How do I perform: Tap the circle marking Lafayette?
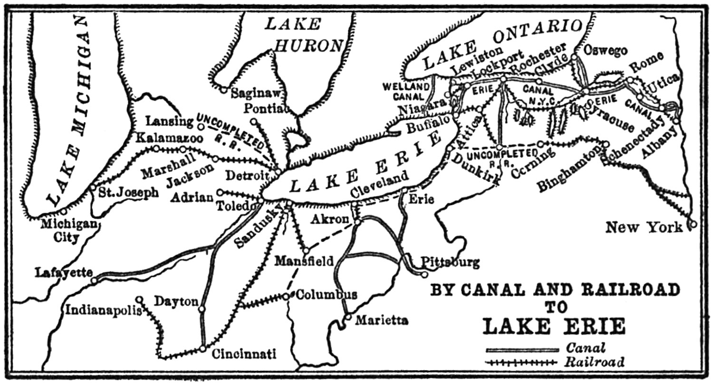click(x=94, y=281)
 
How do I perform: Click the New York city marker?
click(x=693, y=223)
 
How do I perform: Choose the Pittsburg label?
click(x=450, y=262)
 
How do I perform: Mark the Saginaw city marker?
click(x=223, y=89)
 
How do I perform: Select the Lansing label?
click(x=171, y=122)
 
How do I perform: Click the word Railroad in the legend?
click(x=595, y=363)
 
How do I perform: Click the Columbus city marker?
click(x=286, y=296)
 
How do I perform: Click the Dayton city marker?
click(x=202, y=309)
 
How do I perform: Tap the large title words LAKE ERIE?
click(x=554, y=327)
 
